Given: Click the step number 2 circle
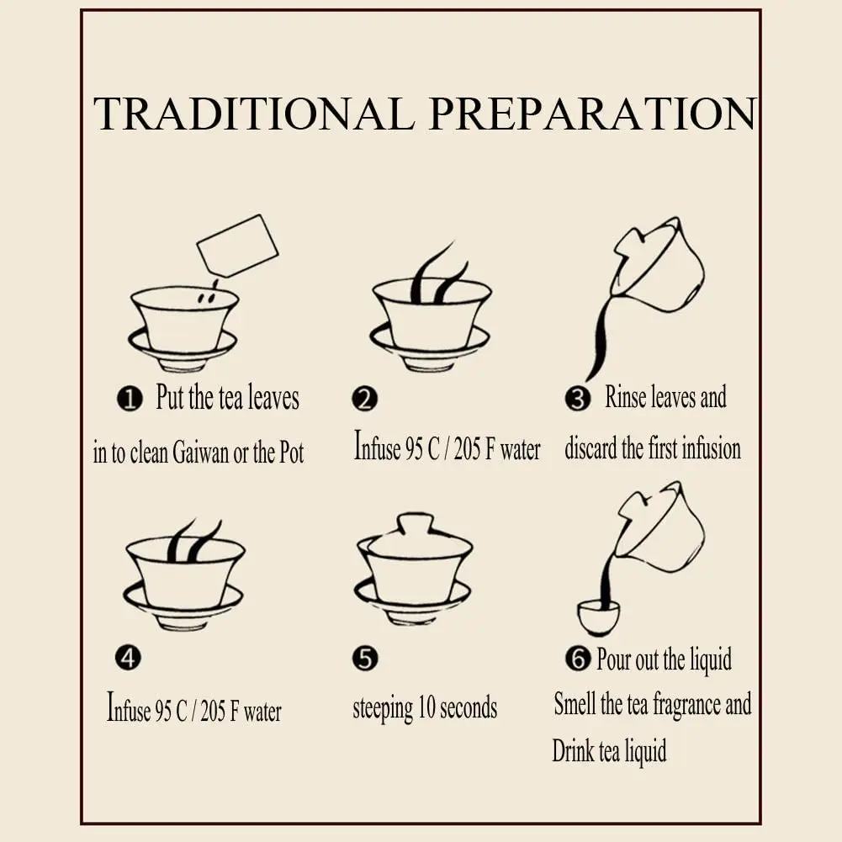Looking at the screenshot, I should [x=365, y=399].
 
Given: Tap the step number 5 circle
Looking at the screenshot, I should [x=365, y=659].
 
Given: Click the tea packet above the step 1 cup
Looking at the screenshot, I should [x=236, y=246].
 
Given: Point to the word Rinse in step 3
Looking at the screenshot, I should [x=624, y=398].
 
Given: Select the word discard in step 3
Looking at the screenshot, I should [x=590, y=448].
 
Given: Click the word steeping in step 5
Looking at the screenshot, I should [x=383, y=709].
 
